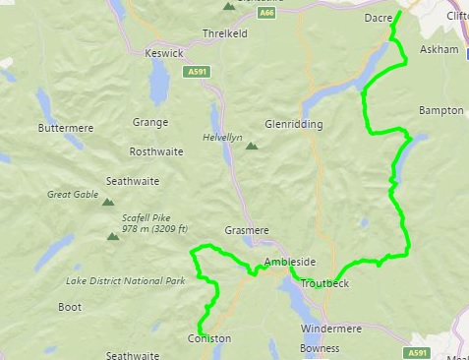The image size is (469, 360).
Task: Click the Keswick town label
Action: (163, 53)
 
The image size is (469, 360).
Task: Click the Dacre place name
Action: (379, 18)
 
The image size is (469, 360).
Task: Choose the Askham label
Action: (438, 48)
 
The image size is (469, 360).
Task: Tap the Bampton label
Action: (440, 110)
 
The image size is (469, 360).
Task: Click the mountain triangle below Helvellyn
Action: (251, 147)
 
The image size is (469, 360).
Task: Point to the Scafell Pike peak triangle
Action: (110, 235)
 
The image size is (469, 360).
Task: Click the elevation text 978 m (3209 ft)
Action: (157, 228)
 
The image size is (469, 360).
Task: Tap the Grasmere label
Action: (246, 230)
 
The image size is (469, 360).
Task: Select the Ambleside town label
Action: (290, 263)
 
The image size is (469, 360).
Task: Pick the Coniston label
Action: (208, 338)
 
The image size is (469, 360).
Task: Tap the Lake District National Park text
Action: (126, 281)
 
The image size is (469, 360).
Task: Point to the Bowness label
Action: (319, 348)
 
